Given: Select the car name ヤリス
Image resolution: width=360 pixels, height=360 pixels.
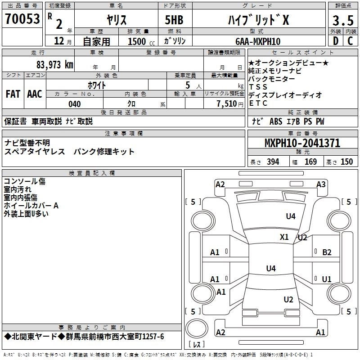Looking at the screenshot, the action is point(116,20).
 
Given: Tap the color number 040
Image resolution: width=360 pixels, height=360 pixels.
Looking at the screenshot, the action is point(74,104).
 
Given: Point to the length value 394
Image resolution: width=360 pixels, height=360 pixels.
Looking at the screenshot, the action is point(273,162).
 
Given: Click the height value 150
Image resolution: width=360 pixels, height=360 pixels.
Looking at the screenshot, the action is point(346,162).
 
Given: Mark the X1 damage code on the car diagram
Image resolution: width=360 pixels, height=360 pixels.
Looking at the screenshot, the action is point(284,237).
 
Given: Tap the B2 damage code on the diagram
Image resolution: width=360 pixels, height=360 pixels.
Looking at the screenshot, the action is point(327,252).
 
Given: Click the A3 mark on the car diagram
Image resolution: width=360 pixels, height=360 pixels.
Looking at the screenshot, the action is point(321,184).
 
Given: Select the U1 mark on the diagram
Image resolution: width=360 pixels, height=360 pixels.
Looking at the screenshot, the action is point(327,279).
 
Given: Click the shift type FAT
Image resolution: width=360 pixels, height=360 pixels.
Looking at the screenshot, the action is point(13,94).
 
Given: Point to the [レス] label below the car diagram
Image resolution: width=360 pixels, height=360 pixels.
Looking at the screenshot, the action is point(196,345).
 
